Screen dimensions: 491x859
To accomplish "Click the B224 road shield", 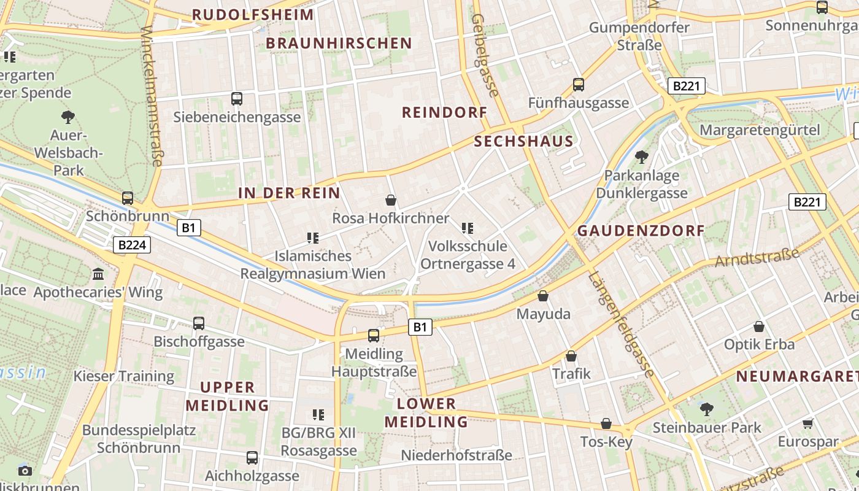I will (132, 245).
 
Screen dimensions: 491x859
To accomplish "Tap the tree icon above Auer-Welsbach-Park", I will (68, 117).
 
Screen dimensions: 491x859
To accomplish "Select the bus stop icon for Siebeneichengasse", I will (237, 98).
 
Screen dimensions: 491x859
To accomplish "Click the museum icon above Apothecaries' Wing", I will (98, 274).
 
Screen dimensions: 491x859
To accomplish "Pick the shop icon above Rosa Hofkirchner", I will (390, 200).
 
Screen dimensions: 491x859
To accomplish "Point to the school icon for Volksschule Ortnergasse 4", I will (468, 228).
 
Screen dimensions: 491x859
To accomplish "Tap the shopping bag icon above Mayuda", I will (543, 296).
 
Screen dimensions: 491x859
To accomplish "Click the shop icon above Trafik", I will (571, 356).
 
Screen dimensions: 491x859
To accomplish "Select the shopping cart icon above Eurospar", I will (808, 423).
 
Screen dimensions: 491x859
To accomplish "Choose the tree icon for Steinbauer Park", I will (707, 409).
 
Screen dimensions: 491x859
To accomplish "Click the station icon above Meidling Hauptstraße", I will (374, 336).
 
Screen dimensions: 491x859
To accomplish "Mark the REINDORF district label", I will (444, 112).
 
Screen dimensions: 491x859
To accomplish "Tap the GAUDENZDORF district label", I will (641, 231).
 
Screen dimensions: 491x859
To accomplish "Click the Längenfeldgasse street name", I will (621, 323).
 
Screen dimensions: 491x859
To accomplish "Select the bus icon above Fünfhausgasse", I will (579, 85).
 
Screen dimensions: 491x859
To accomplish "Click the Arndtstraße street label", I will (757, 257).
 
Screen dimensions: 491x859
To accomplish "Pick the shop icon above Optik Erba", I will (759, 327).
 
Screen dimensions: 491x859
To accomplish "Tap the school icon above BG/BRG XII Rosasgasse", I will (318, 415).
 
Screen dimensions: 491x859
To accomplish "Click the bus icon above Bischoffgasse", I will (199, 323).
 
